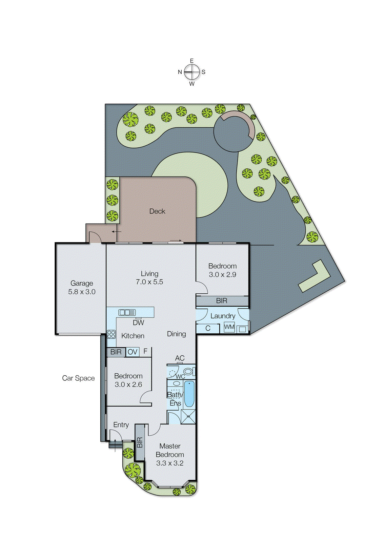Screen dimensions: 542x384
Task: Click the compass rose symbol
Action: [192, 72]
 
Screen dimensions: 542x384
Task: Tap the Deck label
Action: [157, 211]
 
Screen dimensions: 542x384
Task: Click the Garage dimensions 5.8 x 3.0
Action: [82, 292]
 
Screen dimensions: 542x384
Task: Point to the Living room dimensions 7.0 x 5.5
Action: [149, 282]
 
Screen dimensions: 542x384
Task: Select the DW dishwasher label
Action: [138, 323]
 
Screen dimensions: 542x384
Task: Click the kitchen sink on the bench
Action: [127, 312]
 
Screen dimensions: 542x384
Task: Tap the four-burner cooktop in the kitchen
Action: [111, 334]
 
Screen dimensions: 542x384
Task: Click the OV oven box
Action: [132, 352]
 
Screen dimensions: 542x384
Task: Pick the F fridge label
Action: [145, 351]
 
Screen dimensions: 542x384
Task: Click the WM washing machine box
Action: [229, 327]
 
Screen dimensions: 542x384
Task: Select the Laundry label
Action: [223, 316]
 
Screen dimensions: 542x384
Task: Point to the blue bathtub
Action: [189, 394]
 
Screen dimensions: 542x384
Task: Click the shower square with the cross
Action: [188, 417]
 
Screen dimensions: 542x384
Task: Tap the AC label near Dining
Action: [180, 358]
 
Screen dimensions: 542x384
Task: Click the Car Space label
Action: [78, 378]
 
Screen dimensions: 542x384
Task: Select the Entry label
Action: [121, 425]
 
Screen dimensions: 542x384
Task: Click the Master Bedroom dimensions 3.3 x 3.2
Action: [170, 463]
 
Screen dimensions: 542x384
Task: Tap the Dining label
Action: [176, 334]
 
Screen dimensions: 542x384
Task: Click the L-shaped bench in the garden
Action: [314, 276]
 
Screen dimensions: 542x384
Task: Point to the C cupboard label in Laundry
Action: [208, 328]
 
